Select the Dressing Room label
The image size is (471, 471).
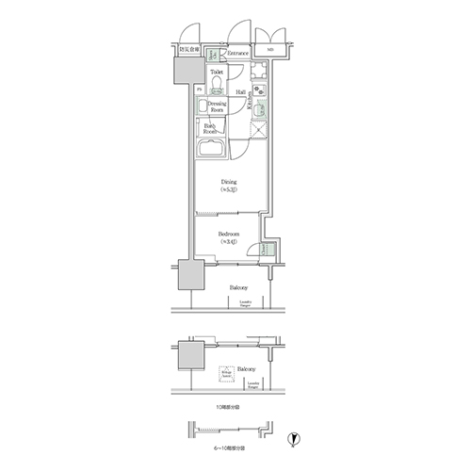click(216, 106)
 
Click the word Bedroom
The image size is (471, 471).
click(228, 234)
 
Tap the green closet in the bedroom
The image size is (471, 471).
click(268, 252)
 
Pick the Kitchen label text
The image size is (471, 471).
click(250, 106)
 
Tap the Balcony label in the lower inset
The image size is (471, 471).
click(248, 369)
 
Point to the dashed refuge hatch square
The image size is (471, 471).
click(227, 374)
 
